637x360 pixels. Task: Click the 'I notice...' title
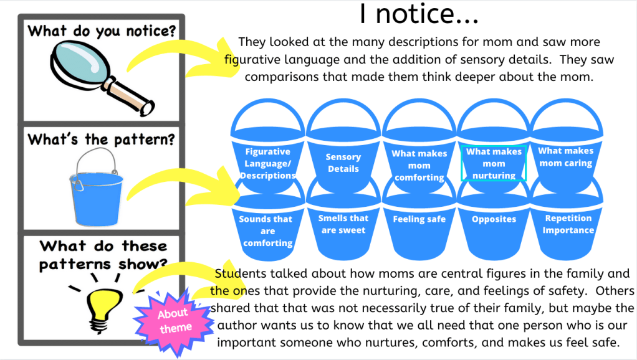[418, 15]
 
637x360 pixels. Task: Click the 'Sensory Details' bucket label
[343, 163]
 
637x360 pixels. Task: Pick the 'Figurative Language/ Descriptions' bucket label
[267, 164]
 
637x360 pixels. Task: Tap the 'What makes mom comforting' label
[419, 166]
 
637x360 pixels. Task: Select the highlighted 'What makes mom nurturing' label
[494, 164]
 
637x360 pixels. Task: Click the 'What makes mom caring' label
[566, 157]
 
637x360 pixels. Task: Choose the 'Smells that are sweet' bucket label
[343, 224]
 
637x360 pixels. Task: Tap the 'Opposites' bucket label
[494, 219]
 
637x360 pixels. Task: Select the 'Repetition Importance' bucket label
[567, 224]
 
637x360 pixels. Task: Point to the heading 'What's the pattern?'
[100, 139]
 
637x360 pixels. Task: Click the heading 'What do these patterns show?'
[103, 255]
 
